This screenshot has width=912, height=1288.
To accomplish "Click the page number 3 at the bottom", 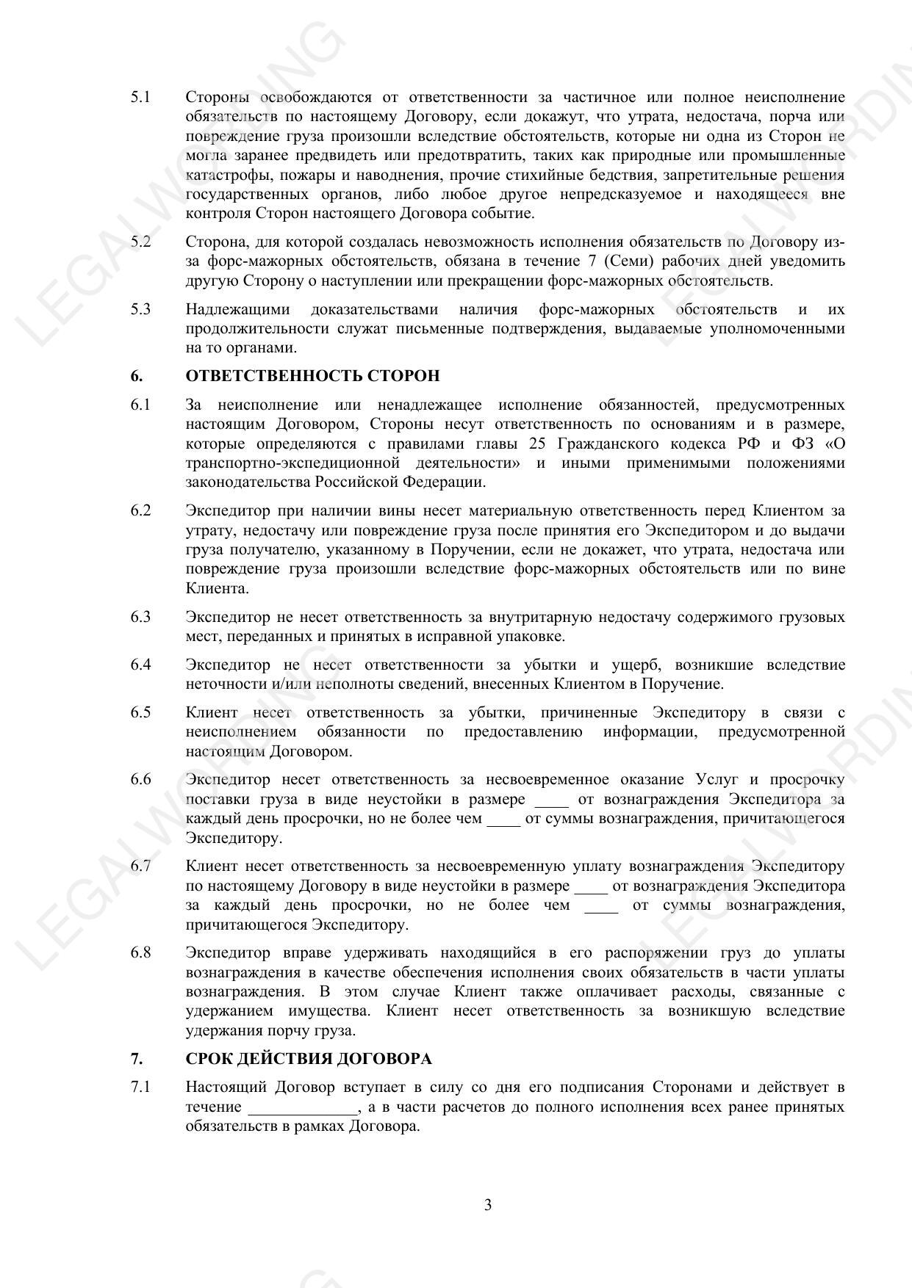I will [x=487, y=1205].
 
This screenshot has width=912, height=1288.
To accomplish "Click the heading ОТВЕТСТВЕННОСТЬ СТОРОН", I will [x=312, y=376].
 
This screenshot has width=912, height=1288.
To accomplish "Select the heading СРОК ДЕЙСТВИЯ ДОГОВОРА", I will [x=309, y=1059].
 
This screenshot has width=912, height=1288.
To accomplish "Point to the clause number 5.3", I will [x=140, y=309].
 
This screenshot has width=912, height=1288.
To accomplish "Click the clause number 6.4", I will [x=140, y=665].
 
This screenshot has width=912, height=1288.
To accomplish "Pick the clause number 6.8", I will [x=140, y=953].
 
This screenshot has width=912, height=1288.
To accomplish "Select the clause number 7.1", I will [x=140, y=1087].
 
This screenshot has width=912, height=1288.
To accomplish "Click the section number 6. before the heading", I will [x=137, y=376].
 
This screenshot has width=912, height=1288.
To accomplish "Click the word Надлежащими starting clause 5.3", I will [x=237, y=309].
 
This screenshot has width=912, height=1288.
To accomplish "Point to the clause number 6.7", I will [x=140, y=866].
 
